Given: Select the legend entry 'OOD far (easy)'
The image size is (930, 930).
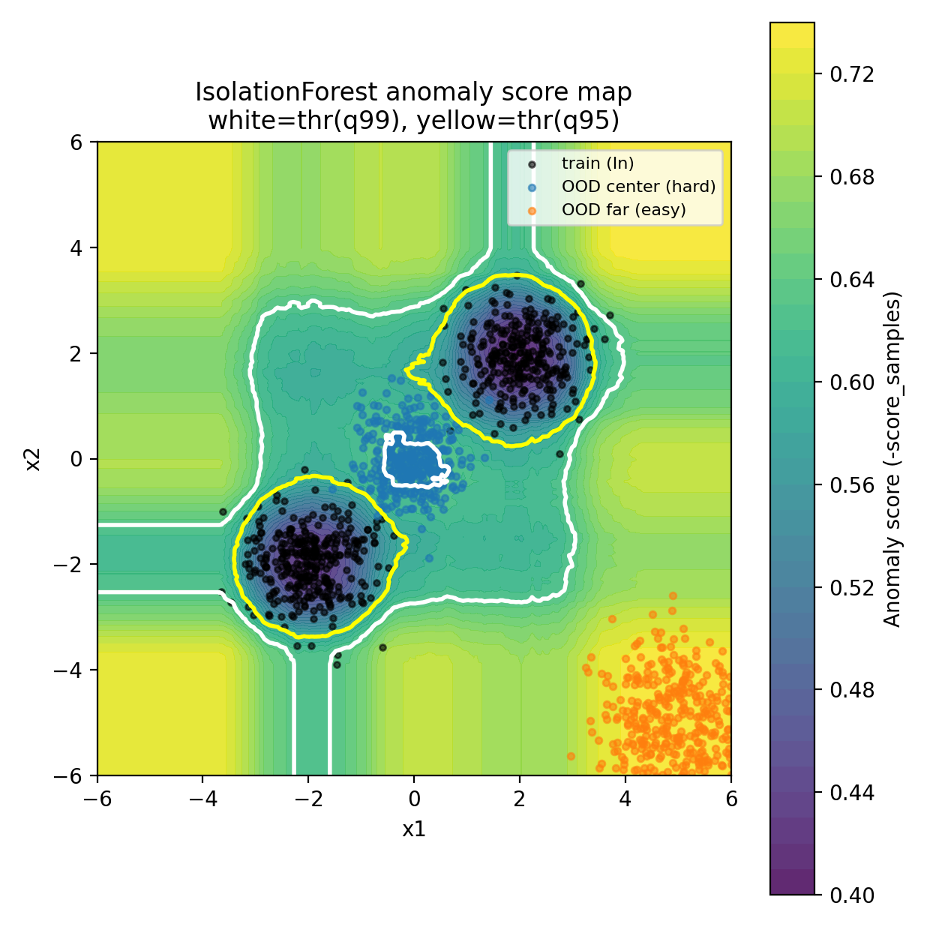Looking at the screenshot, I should (x=623, y=210).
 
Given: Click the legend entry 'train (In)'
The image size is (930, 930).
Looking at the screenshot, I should (x=597, y=163).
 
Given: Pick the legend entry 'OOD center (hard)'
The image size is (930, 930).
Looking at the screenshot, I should (x=638, y=187).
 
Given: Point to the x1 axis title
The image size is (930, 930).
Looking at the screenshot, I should (x=414, y=829).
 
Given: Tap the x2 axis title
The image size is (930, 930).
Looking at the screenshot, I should (x=32, y=459).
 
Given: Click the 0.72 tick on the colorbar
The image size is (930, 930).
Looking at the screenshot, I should (x=852, y=74).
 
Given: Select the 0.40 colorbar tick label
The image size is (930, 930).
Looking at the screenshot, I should (x=852, y=895).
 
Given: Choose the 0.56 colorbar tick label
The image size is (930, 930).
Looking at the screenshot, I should (x=852, y=485).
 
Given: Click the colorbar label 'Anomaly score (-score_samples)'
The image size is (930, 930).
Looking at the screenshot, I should (x=892, y=459).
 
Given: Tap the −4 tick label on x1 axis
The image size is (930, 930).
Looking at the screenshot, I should (x=202, y=799).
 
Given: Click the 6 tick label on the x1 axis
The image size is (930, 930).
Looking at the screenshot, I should (x=731, y=799).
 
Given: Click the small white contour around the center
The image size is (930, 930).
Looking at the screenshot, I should (x=385, y=457).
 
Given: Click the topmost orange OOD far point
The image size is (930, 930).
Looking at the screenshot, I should (x=673, y=595).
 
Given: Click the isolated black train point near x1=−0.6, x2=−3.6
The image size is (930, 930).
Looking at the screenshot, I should (x=382, y=647).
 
